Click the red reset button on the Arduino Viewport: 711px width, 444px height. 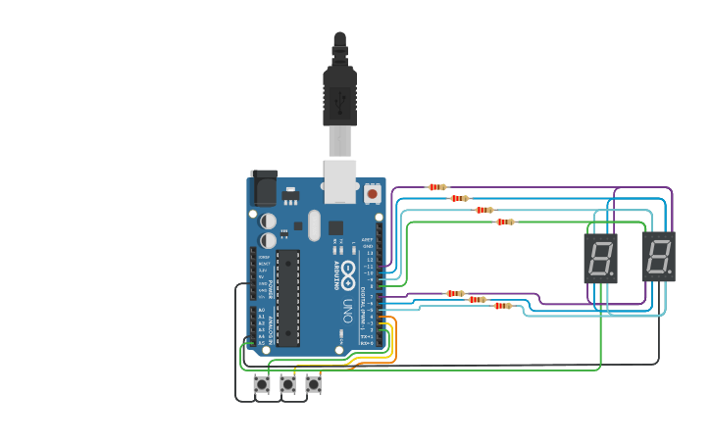click(373, 194)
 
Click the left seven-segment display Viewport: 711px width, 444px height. click(600, 258)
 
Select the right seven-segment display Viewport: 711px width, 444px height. click(659, 257)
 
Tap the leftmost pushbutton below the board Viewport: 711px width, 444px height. click(262, 385)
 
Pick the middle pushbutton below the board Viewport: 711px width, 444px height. click(287, 385)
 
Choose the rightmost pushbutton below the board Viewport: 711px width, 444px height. click(313, 385)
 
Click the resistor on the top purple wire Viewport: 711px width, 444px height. click(437, 187)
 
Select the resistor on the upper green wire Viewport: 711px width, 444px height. click(504, 222)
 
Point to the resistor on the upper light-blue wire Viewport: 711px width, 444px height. click(483, 210)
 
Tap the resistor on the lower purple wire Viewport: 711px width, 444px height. click(455, 293)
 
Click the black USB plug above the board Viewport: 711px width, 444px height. click(339, 93)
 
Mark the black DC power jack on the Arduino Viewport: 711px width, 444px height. click(264, 186)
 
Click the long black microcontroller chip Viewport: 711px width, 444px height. click(287, 298)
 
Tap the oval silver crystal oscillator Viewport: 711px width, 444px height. click(314, 225)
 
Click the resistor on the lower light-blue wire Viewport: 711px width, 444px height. click(502, 306)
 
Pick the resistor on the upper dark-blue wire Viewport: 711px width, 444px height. click(459, 199)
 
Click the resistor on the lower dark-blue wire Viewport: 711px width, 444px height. click(478, 300)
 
